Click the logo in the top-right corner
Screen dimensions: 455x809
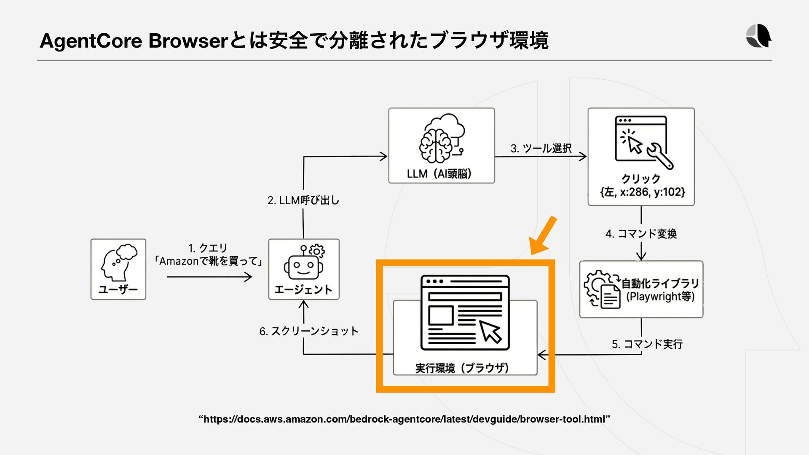tap(758, 36)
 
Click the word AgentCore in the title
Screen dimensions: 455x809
tap(91, 41)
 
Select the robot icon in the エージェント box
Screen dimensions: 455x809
tap(304, 262)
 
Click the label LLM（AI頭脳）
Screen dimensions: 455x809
tap(439, 174)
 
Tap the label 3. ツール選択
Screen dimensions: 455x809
tap(541, 148)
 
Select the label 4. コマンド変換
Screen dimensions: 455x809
tap(641, 234)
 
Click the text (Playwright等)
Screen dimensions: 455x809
tap(660, 297)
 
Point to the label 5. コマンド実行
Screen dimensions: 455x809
tap(647, 344)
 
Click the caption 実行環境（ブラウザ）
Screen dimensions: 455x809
tap(462, 368)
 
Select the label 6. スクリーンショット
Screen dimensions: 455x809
tap(309, 331)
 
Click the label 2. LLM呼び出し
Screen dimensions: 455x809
tap(303, 200)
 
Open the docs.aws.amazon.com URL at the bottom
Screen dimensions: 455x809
tap(404, 419)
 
